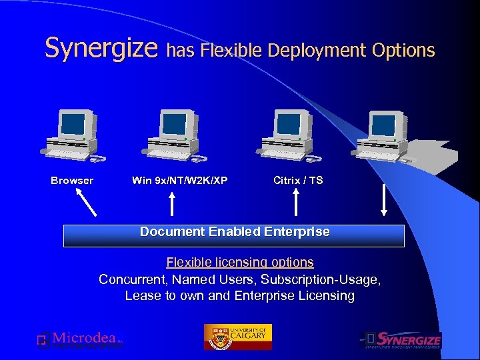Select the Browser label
coord(72,181)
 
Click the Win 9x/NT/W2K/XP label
coord(179,181)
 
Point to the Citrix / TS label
coord(298,181)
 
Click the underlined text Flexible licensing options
coord(240,263)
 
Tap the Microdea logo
coord(80,339)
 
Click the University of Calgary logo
coord(238,337)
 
